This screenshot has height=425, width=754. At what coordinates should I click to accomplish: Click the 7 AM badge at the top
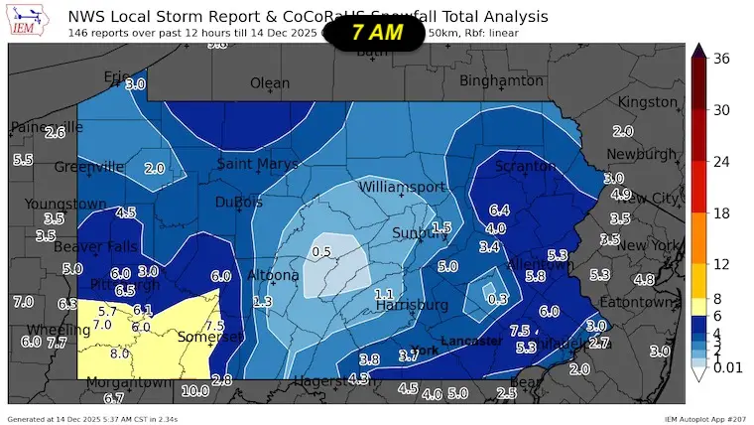[377, 32]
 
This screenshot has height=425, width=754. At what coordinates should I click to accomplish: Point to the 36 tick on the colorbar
[722, 59]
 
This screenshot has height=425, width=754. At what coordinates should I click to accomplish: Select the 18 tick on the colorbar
[722, 212]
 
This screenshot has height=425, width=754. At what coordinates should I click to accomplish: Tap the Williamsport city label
[402, 187]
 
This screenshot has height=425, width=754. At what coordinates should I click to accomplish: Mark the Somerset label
[209, 338]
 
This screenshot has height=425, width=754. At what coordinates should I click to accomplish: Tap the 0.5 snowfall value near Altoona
[321, 252]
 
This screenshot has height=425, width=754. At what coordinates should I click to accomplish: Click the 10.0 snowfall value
[194, 390]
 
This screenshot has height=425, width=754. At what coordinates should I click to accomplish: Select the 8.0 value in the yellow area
[120, 353]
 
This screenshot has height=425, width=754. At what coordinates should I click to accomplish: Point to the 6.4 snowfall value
[499, 211]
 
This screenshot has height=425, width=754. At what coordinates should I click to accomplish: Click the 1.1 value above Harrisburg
[384, 295]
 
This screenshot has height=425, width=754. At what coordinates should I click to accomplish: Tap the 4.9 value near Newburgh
[621, 194]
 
